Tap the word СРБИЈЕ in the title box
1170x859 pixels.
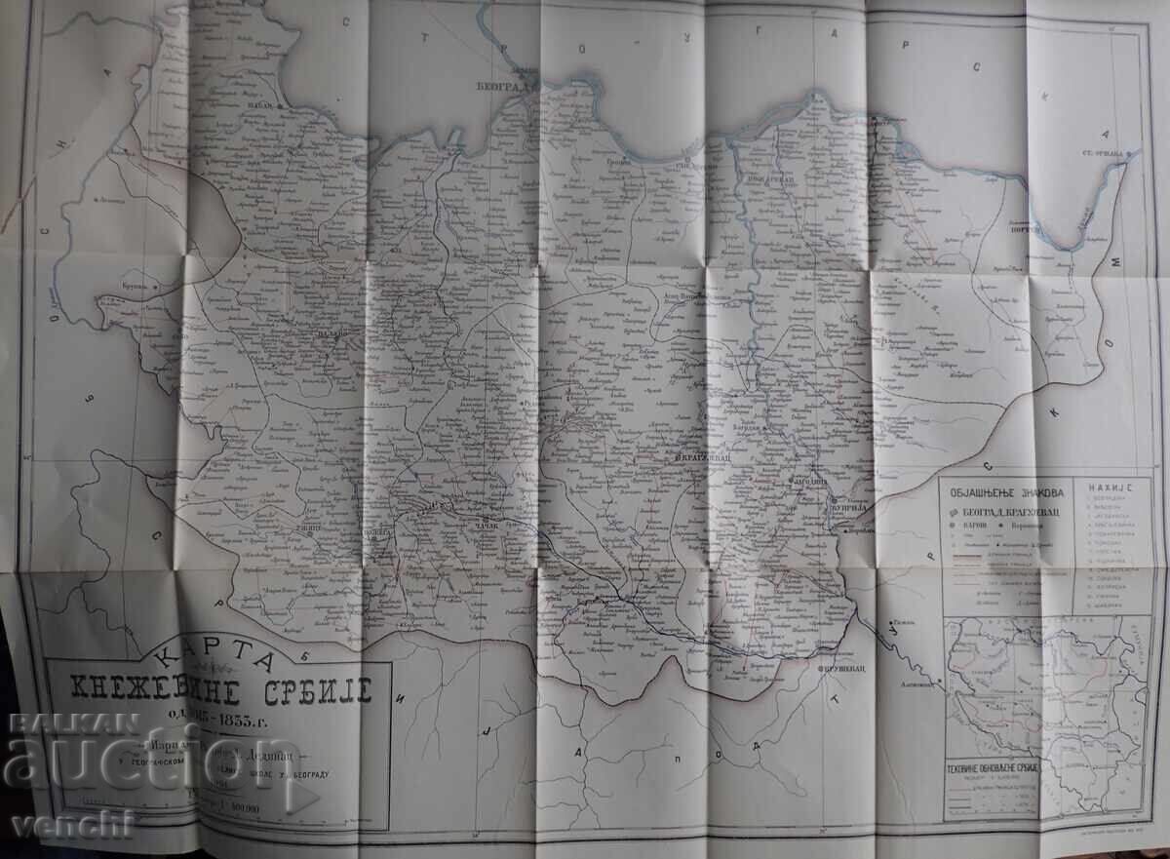[x=305, y=691]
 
